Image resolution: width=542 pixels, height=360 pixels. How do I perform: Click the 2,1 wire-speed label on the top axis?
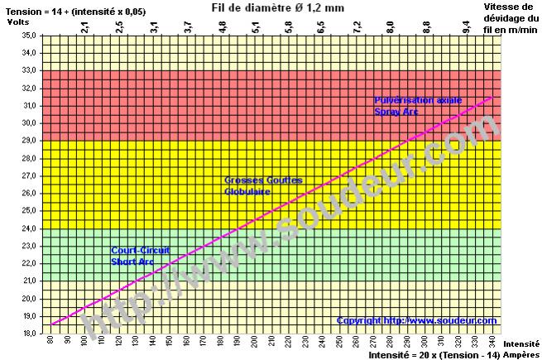coord(85,28)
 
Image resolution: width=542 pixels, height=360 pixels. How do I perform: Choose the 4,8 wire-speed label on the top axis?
coord(222,28)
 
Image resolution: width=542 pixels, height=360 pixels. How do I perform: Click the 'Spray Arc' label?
coord(396,111)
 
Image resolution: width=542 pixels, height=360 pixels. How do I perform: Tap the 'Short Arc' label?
coord(132,261)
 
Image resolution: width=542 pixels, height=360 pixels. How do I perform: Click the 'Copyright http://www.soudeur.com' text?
coord(416,320)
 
